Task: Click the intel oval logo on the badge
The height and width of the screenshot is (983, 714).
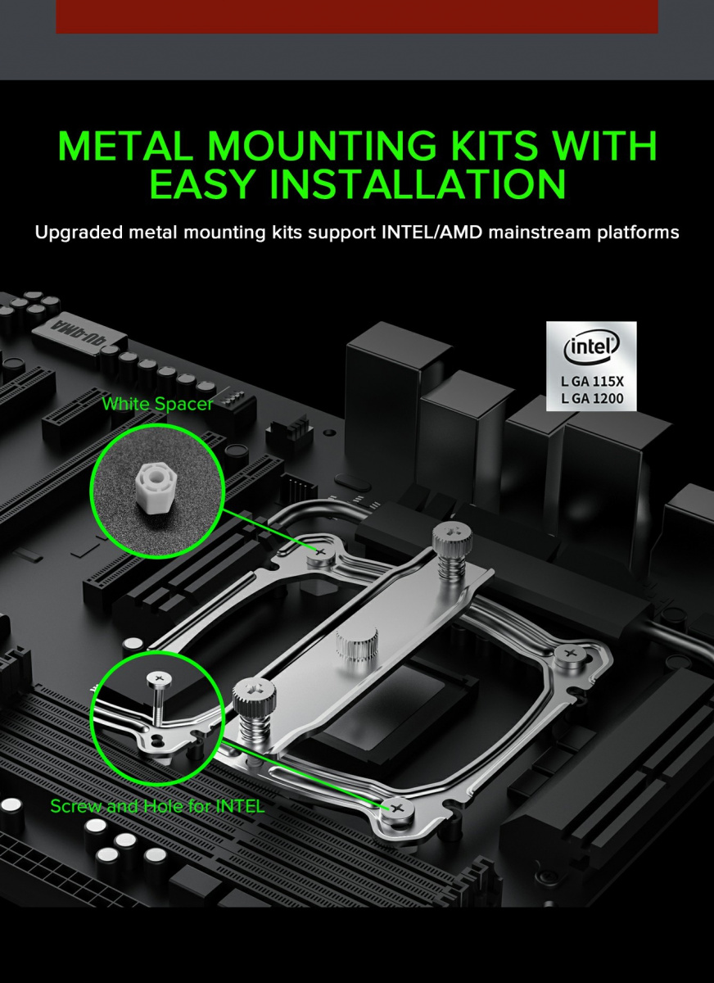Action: [591, 347]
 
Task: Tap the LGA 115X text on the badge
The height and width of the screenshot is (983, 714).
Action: [592, 382]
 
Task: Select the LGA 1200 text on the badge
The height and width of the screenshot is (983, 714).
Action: [592, 398]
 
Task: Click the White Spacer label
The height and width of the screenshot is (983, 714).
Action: [157, 404]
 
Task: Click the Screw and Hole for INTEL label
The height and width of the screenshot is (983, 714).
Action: [157, 806]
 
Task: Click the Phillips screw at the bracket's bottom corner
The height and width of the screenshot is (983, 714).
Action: [397, 808]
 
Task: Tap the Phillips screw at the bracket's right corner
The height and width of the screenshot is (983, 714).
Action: [570, 654]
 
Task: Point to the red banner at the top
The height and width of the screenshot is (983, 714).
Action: [356, 16]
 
